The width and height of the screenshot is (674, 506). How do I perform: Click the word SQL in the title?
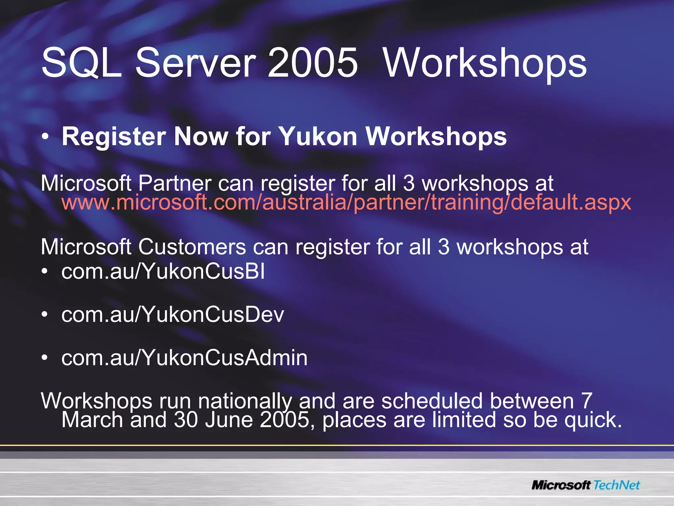(x=81, y=63)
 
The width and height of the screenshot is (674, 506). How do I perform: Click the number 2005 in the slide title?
(x=312, y=63)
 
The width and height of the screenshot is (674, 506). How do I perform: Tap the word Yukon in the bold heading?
(x=318, y=136)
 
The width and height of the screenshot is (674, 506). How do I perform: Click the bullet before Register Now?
(x=46, y=137)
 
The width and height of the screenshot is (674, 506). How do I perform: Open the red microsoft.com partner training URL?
(x=346, y=202)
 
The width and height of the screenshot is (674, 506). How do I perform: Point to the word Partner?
(x=175, y=183)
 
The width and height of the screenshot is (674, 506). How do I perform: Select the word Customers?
(x=192, y=247)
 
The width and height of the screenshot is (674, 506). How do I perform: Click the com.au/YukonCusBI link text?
(x=163, y=272)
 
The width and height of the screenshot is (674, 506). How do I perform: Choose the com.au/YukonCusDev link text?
(x=172, y=314)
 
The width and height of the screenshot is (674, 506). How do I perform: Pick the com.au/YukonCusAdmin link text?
(x=184, y=357)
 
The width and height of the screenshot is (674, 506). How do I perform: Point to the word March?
(x=92, y=420)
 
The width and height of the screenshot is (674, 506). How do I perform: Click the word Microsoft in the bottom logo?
(x=561, y=485)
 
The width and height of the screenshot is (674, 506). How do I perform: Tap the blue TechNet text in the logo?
(x=616, y=485)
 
